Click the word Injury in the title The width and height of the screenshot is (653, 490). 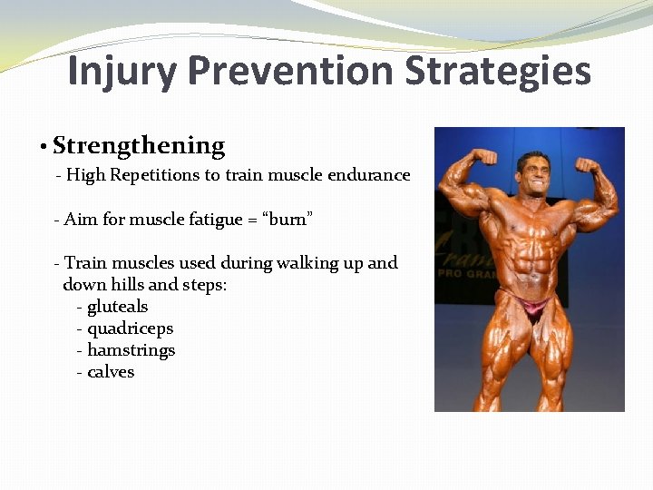click(120, 71)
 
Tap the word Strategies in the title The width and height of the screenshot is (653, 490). click(498, 71)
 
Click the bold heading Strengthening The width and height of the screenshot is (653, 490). click(139, 146)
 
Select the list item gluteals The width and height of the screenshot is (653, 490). click(117, 307)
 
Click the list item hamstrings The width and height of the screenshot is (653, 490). click(131, 350)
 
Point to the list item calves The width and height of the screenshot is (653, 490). click(111, 372)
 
